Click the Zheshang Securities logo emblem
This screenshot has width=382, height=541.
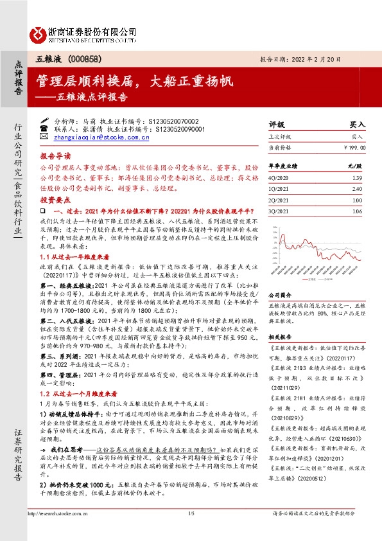(x=39, y=33)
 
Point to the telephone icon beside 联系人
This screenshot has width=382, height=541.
(x=44, y=129)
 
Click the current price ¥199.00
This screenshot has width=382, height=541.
(x=353, y=147)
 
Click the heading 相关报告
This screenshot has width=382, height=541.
(x=280, y=336)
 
